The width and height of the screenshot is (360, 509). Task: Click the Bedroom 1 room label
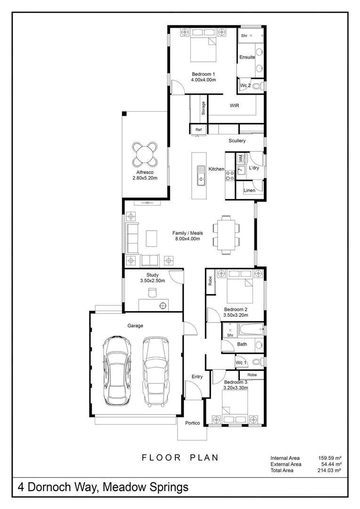pyautogui.click(x=203, y=74)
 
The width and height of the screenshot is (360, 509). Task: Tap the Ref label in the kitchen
pyautogui.click(x=198, y=130)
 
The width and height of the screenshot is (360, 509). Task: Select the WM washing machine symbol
pyautogui.click(x=240, y=158)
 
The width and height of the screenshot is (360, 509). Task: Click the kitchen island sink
pyautogui.click(x=201, y=176)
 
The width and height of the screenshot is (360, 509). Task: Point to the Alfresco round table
pyautogui.click(x=145, y=154)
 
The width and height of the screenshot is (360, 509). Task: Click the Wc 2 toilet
pyautogui.click(x=258, y=86)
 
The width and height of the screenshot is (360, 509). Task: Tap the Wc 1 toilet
pyautogui.click(x=259, y=361)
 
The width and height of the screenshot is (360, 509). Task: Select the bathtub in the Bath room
pyautogui.click(x=251, y=329)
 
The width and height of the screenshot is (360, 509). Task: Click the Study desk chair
pyautogui.click(x=152, y=293)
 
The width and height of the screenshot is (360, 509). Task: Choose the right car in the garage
pyautogui.click(x=156, y=371)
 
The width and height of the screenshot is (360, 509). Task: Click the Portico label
pyautogui.click(x=193, y=423)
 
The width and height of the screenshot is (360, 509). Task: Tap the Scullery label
pyautogui.click(x=237, y=140)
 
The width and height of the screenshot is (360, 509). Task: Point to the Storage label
pyautogui.click(x=203, y=108)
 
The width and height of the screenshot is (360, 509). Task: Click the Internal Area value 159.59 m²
pyautogui.click(x=329, y=458)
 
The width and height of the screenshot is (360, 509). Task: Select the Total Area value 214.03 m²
pyautogui.click(x=329, y=470)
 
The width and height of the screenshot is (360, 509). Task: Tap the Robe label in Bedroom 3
pyautogui.click(x=252, y=375)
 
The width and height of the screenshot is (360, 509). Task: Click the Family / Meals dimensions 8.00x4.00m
pyautogui.click(x=188, y=238)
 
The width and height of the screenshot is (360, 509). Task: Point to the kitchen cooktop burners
pyautogui.click(x=230, y=175)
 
